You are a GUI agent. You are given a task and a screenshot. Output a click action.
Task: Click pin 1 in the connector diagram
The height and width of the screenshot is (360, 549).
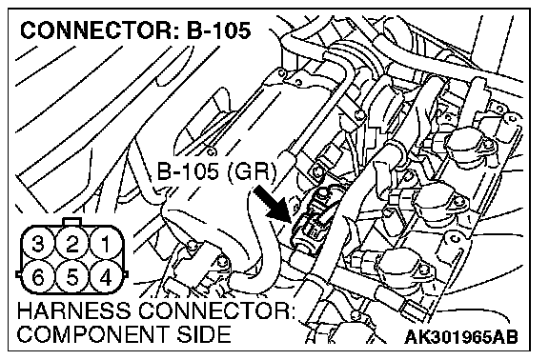106,244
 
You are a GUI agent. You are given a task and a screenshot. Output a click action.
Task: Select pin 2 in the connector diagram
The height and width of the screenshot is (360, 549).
72,244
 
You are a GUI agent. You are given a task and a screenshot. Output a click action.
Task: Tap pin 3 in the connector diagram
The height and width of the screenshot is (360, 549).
38,244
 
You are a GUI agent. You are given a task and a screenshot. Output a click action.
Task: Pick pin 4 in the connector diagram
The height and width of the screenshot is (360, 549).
106,277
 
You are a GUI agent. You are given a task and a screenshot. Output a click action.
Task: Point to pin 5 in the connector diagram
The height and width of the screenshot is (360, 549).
72,277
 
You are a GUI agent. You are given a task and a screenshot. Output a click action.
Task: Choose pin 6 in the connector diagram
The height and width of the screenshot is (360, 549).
38,277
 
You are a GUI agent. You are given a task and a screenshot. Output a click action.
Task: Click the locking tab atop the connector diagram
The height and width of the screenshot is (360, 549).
72,222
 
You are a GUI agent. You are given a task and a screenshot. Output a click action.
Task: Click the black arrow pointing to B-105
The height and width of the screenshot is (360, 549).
272,204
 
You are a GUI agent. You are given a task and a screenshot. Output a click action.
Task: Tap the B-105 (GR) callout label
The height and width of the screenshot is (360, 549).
216,171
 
